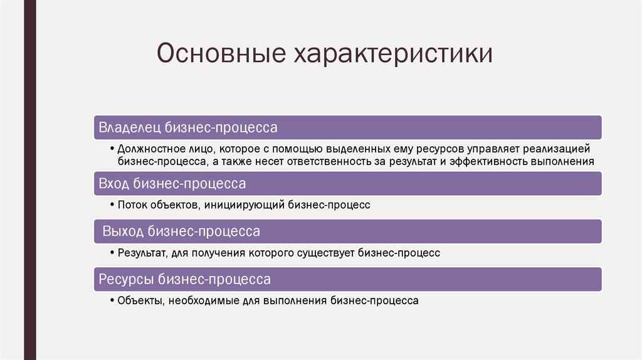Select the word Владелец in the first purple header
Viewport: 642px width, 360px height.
tap(130, 127)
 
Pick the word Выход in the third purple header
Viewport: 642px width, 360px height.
tap(123, 232)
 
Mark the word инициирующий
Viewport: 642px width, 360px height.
tap(252, 204)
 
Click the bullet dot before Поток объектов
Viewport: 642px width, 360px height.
tap(112, 204)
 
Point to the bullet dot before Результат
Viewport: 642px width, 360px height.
tap(112, 253)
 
